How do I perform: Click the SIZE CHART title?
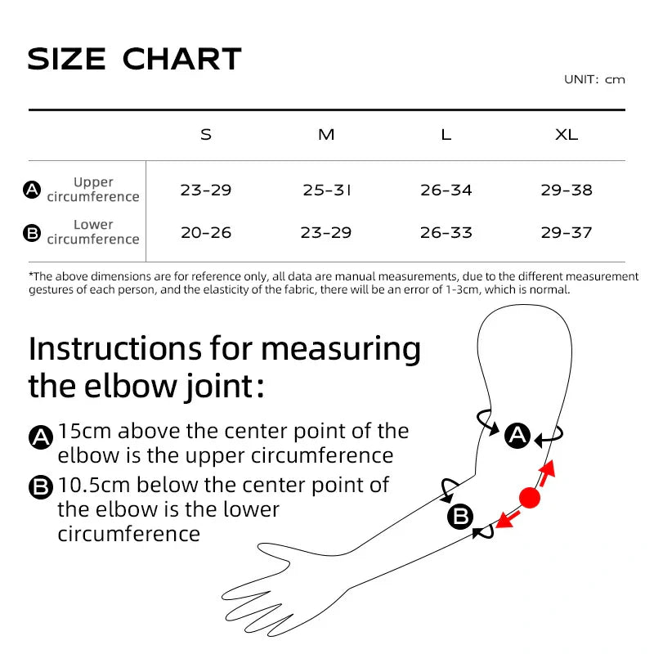click(135, 59)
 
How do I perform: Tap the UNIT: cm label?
click(594, 79)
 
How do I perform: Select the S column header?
click(206, 135)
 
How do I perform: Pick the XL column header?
click(567, 135)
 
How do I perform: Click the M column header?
click(326, 135)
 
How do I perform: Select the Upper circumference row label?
click(93, 190)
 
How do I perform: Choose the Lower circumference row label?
click(93, 232)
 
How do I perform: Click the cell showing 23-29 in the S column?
click(206, 190)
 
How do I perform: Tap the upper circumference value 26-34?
click(446, 190)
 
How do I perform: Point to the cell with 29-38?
click(567, 190)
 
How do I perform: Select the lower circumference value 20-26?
click(206, 233)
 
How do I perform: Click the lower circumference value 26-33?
click(446, 233)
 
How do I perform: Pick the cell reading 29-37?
click(567, 233)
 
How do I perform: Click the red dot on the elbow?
click(530, 497)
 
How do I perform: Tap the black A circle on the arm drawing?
click(517, 436)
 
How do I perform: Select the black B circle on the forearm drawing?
click(460, 517)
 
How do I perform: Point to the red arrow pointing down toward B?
click(508, 519)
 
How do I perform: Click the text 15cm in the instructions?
click(87, 431)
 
